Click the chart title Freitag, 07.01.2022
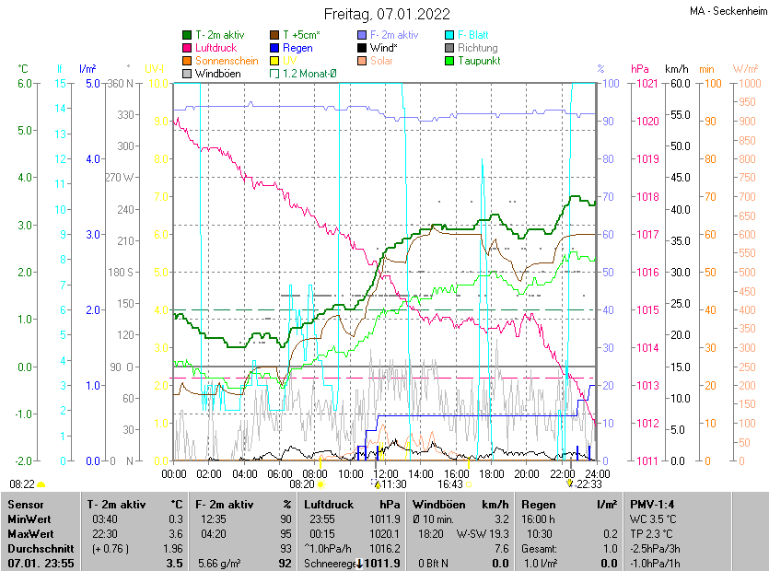[387, 14]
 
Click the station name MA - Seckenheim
[727, 12]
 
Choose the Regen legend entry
[297, 47]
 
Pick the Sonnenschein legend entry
[227, 60]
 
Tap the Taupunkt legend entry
[478, 60]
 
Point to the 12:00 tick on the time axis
[386, 473]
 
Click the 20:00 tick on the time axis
[527, 473]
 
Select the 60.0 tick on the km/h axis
[679, 83]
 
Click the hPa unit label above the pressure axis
[640, 68]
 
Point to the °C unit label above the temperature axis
[23, 68]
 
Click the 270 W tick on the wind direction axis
[120, 178]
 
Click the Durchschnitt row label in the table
[37, 548]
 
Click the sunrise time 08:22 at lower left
[22, 484]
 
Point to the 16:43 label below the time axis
[449, 484]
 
